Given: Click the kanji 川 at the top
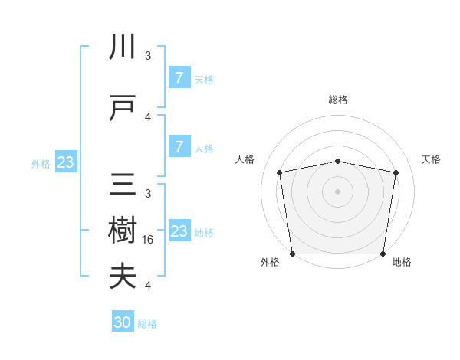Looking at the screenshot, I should click(x=123, y=47).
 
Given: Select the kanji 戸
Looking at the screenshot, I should click(x=123, y=109).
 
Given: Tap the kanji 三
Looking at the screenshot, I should click(x=123, y=185).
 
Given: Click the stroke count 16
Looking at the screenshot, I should click(x=149, y=240).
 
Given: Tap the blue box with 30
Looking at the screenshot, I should click(x=123, y=322).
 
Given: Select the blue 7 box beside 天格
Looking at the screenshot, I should click(x=179, y=78).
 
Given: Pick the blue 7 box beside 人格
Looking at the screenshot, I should click(x=179, y=147).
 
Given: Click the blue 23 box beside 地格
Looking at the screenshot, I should click(x=179, y=231).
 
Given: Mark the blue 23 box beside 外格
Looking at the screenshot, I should click(x=65, y=162).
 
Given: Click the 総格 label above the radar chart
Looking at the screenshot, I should click(x=337, y=100).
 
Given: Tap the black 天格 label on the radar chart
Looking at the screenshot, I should click(x=431, y=159).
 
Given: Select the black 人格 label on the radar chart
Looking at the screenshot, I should click(x=245, y=159).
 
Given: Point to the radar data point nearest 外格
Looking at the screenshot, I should click(x=292, y=254).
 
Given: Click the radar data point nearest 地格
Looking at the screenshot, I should click(x=383, y=254).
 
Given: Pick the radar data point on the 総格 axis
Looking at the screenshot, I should click(x=337, y=161).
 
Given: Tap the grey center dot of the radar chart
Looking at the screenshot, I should click(x=337, y=191).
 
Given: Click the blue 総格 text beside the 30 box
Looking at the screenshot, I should click(x=147, y=323).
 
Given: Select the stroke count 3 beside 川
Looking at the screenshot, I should click(x=148, y=56).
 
